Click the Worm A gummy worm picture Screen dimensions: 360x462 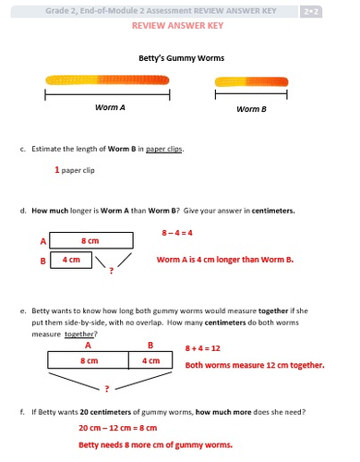coord(107,80)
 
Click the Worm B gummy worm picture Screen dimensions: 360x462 coord(251,82)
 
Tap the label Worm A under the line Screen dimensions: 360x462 coord(110,107)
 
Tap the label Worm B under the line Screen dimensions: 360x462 coord(251,109)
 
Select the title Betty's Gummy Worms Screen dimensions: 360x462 coord(181,58)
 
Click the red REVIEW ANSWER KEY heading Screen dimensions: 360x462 coord(177,26)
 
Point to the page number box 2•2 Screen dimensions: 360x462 coord(311,12)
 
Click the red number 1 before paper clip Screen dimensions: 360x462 coord(57,170)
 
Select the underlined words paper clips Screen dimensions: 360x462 coord(164,149)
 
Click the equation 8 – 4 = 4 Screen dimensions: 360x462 coord(177,233)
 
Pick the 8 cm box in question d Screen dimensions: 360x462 coord(91,240)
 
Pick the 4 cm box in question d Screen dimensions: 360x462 coord(71,260)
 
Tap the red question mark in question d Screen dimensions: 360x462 coord(112,271)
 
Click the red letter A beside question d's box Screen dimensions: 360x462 coord(43,241)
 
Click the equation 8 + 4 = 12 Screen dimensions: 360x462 coord(203,348)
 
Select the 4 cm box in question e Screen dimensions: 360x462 coord(150,360)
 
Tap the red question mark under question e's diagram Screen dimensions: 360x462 coord(107,389)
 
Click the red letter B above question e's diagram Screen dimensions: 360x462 coord(150,346)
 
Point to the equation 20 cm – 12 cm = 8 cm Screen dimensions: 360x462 coord(118,428)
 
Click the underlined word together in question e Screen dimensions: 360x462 coord(78,334)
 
